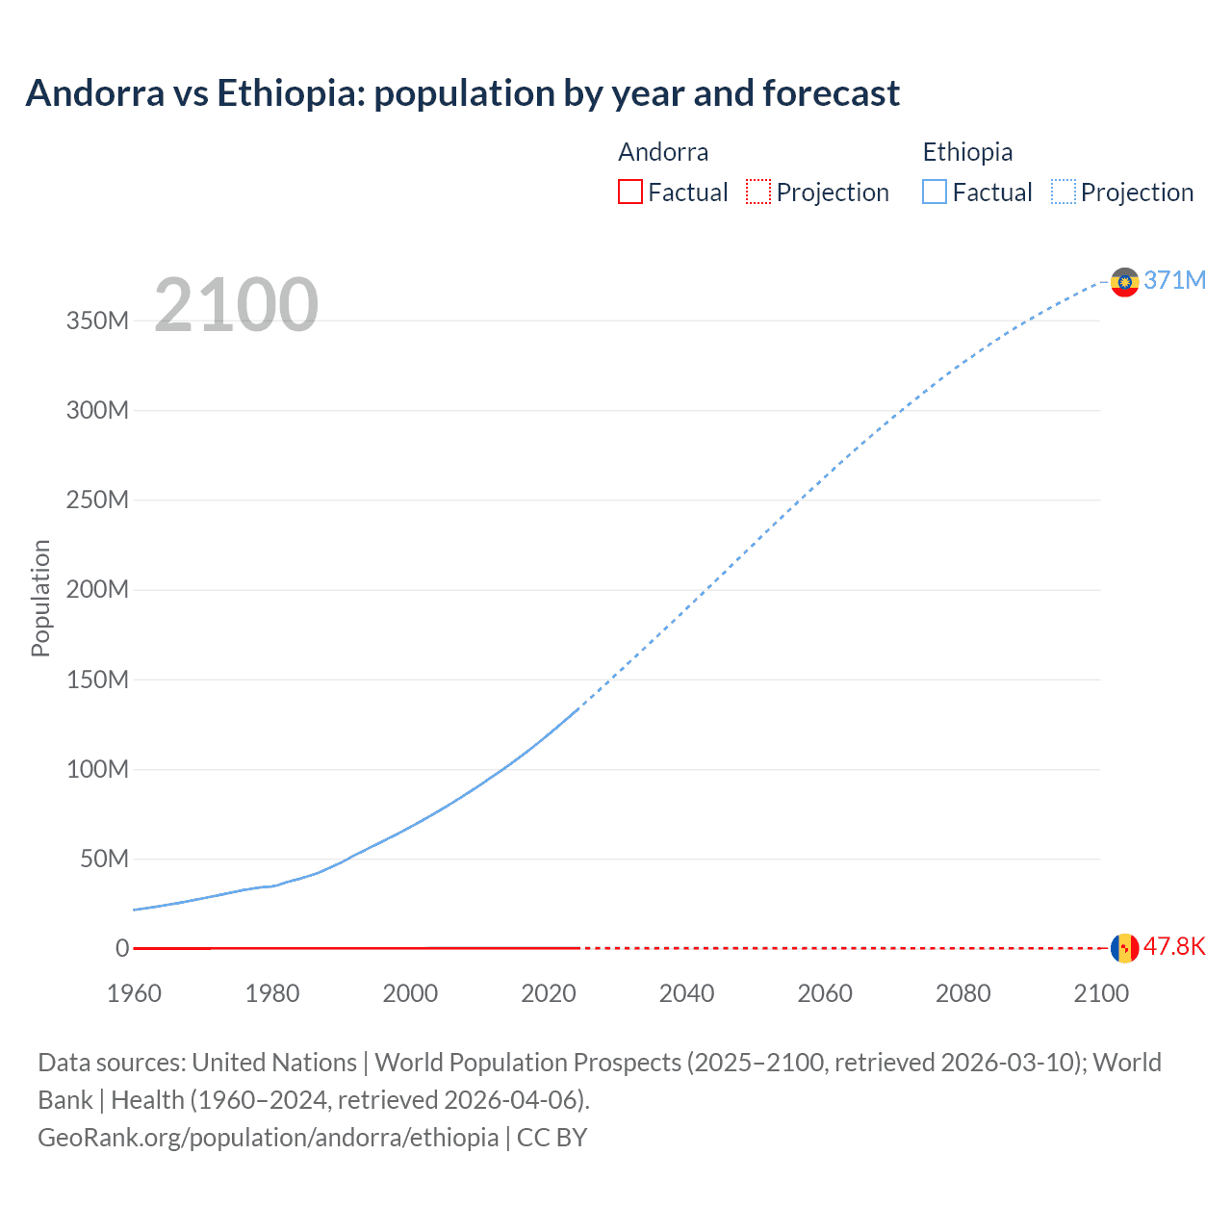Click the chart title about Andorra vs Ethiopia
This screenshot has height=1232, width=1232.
[462, 93]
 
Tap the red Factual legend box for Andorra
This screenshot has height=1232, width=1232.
[629, 192]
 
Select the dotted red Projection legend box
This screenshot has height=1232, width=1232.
[758, 192]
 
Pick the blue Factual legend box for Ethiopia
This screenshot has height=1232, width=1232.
[935, 192]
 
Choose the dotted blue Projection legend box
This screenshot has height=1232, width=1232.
[1064, 192]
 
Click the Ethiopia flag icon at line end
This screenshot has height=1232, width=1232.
[1124, 281]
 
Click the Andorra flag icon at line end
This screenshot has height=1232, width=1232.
[1124, 947]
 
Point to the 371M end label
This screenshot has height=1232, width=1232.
[1174, 280]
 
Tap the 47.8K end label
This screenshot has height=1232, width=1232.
[1174, 946]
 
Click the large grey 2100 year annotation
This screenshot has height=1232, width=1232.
[236, 305]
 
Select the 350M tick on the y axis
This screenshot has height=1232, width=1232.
[97, 321]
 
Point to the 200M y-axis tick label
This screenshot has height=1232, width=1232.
[97, 589]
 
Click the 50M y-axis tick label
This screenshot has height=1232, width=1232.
[103, 859]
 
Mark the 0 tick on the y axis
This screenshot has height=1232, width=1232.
[122, 948]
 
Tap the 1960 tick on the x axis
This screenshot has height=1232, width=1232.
[134, 993]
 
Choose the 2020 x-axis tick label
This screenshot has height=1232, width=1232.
[549, 993]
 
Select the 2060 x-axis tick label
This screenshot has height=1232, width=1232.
[825, 993]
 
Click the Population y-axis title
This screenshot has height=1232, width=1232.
[40, 598]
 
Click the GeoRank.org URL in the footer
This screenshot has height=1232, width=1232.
[269, 1137]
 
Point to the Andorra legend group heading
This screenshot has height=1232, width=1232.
[663, 152]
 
